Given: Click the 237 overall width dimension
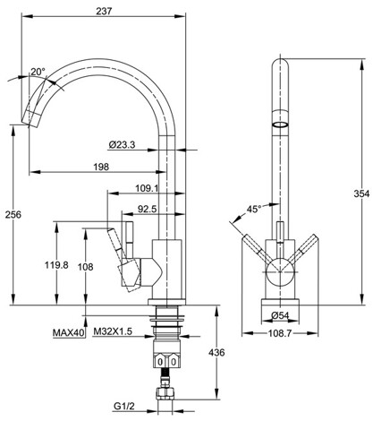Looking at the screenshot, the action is tap(104, 11).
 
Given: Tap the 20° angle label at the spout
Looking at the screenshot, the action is tap(38, 72).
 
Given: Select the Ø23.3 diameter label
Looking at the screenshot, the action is tap(122, 145).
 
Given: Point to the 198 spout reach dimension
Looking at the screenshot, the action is tap(101, 167).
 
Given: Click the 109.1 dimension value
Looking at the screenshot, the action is tap(147, 188).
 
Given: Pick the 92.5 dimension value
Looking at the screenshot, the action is tap(147, 209).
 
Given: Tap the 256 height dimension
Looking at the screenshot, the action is tap(13, 214).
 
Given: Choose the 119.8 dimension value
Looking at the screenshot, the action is tap(56, 265).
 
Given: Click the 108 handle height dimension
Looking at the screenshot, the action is tap(86, 267).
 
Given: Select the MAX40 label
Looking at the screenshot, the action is tap(69, 332).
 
